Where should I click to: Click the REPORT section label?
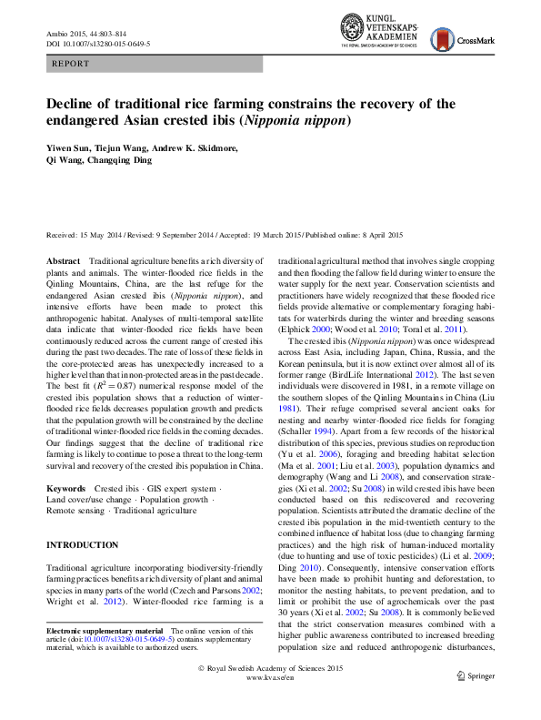72,64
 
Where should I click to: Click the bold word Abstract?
64,261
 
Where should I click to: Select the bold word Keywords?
67,489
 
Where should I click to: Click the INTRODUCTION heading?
83,545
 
